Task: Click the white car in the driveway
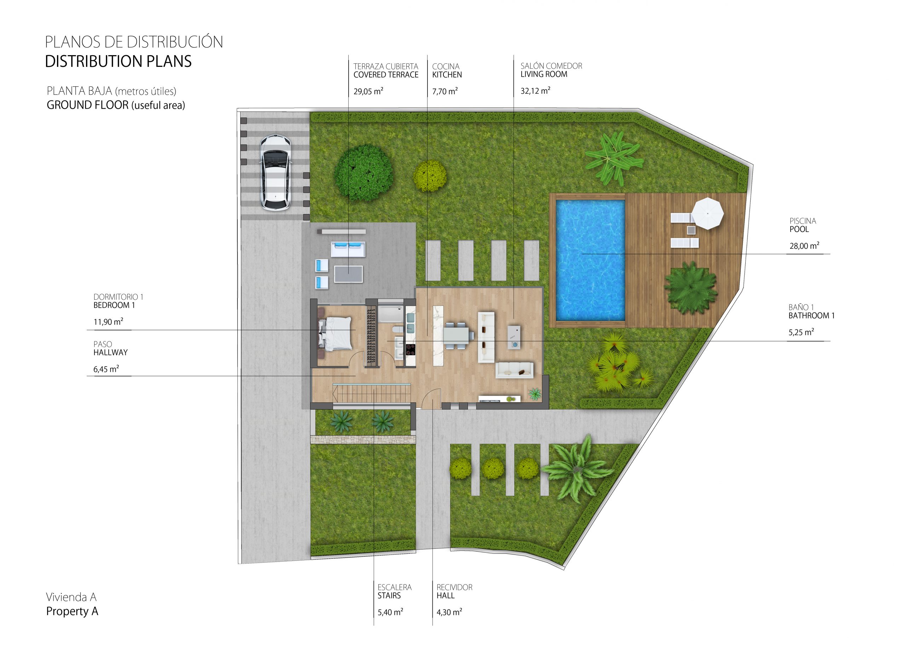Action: [x=275, y=172]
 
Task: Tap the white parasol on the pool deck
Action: [x=707, y=213]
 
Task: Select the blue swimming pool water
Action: [x=590, y=260]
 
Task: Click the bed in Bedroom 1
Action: [x=336, y=333]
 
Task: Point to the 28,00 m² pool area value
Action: [x=804, y=246]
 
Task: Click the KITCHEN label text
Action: [x=447, y=75]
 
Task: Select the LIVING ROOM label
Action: [x=544, y=74]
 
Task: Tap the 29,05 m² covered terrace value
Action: [x=368, y=91]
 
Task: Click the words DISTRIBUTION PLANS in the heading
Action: [x=118, y=61]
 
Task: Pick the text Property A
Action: [x=72, y=611]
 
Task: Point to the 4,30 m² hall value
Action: [x=449, y=612]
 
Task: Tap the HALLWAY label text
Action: [x=110, y=352]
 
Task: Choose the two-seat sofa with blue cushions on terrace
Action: [x=348, y=249]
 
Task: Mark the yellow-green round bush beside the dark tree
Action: [x=430, y=176]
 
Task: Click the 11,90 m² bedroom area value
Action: [x=108, y=322]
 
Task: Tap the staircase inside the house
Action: [x=372, y=393]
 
